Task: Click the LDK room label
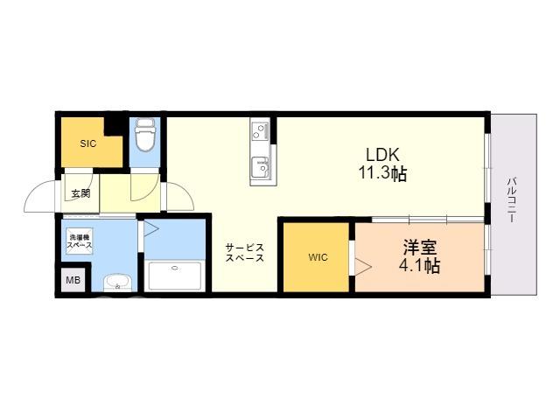382,155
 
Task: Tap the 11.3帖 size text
382,173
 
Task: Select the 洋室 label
420,247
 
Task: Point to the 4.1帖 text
420,265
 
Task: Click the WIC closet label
318,257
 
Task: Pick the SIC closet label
87,143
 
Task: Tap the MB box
73,280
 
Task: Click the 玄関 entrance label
80,193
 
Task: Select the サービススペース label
245,253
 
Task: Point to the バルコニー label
512,200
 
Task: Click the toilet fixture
145,136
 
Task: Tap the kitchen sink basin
260,166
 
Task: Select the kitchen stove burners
260,130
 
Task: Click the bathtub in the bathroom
175,276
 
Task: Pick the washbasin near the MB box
117,283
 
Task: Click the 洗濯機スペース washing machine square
80,241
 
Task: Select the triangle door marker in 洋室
364,266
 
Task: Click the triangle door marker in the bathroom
151,229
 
